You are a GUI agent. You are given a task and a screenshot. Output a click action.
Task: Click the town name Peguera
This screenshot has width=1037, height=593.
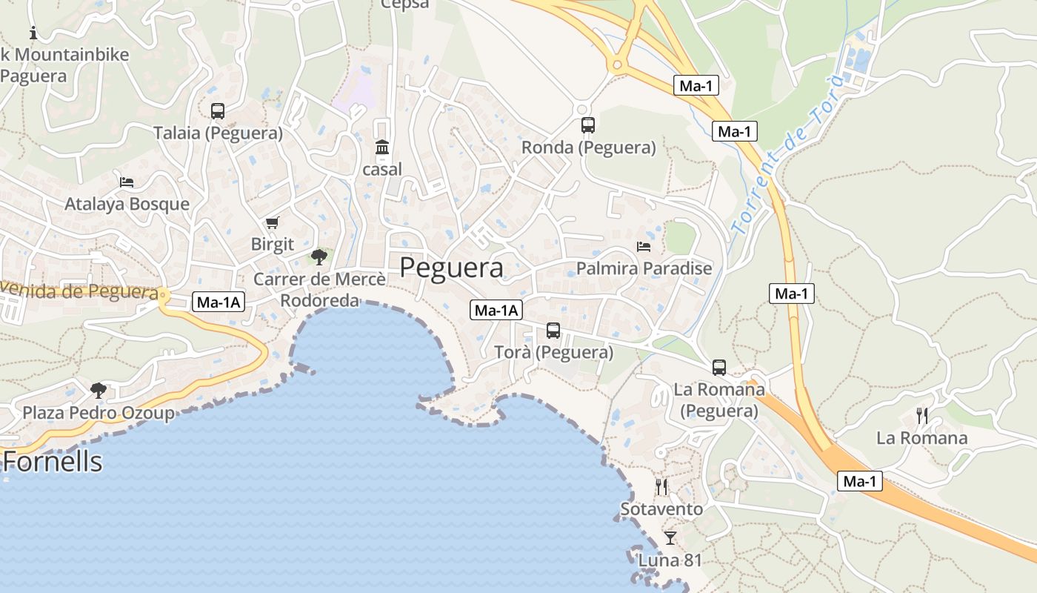click(451, 268)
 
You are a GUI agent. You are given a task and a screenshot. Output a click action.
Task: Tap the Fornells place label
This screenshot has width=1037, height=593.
click(53, 462)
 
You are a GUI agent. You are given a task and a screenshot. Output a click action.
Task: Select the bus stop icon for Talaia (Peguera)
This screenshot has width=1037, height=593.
click(218, 111)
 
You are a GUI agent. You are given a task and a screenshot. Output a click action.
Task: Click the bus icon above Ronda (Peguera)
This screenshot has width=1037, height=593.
click(588, 125)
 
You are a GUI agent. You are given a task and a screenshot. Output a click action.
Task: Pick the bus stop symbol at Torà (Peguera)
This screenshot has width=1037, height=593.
click(553, 331)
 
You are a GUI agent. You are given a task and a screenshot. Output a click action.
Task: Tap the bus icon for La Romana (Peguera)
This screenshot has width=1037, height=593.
click(719, 367)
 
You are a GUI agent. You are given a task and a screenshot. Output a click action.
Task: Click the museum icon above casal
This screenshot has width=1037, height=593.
click(382, 148)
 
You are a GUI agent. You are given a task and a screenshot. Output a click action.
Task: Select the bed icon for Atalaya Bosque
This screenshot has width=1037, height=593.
click(127, 182)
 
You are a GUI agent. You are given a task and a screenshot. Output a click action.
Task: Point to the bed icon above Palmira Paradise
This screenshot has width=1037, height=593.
click(644, 246)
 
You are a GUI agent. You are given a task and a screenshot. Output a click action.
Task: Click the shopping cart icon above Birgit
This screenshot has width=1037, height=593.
click(273, 222)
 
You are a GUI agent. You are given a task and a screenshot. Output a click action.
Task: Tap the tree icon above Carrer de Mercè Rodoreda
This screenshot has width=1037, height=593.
click(319, 257)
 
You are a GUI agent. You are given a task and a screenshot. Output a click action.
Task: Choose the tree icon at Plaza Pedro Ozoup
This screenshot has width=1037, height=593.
click(99, 390)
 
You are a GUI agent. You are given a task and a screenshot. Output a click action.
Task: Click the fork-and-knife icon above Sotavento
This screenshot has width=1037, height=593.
click(661, 487)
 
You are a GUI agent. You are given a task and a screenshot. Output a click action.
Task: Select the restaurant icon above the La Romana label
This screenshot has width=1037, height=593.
click(922, 415)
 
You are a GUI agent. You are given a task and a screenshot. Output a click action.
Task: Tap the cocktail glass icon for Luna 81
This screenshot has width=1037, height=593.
click(670, 537)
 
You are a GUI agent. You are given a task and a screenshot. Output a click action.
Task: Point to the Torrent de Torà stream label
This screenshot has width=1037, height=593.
click(785, 159)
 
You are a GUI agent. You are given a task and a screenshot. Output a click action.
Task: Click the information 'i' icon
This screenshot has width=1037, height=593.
click(33, 33)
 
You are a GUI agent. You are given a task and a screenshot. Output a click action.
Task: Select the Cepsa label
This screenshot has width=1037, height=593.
click(405, 4)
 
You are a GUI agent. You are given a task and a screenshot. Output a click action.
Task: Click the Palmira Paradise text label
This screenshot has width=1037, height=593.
click(644, 268)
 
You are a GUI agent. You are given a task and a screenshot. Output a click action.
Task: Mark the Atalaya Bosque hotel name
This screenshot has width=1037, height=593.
click(127, 204)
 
